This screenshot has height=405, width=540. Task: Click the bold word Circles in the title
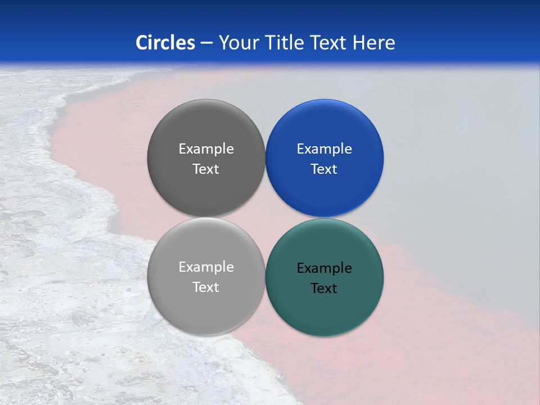coord(165,43)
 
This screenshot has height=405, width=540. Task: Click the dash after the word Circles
coord(206,43)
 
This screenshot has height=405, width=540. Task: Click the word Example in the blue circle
coord(324,149)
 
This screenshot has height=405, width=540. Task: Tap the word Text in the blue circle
coord(324,169)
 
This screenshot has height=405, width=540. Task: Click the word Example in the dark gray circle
coord(206,149)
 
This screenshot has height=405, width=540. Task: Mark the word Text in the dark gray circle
coord(206,169)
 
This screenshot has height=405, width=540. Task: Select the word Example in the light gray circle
coord(206,267)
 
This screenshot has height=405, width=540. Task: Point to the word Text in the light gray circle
coord(206,287)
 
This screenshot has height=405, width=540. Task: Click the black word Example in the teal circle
coord(324,268)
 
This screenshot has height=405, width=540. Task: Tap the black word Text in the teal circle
coord(324,289)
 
